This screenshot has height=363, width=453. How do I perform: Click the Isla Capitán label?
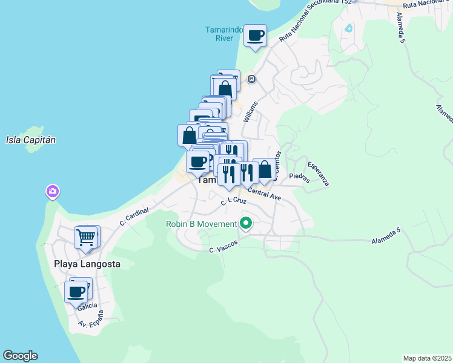coord(31,140)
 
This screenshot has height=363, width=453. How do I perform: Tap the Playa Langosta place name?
coord(87,264)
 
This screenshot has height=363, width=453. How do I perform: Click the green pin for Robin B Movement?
coord(246,224)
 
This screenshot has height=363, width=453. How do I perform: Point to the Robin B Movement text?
coord(202,224)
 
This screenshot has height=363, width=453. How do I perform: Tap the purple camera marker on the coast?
coord(53,192)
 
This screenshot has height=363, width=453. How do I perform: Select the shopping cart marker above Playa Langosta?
coord(86,237)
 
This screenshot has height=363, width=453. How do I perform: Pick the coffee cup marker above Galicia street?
coord(76,292)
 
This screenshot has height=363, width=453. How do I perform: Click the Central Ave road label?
coord(264,194)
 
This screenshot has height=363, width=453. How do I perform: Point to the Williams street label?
coord(250,112)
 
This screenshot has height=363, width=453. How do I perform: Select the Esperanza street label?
coord(318,174)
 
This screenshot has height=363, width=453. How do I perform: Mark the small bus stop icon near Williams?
coord(252,79)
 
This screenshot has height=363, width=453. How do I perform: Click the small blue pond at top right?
coord(348,28)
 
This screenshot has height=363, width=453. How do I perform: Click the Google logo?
coord(20,356)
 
